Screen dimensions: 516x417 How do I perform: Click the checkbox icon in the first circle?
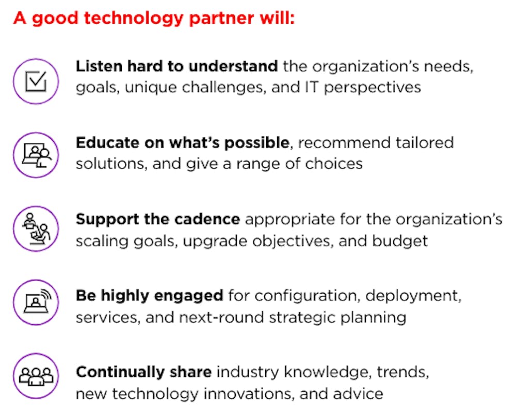point(36,82)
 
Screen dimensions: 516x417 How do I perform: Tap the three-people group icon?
point(36,376)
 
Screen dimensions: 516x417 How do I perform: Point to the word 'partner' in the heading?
point(221,19)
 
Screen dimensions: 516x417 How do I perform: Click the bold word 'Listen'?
point(99,66)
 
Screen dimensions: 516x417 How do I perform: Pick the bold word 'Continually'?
point(120,373)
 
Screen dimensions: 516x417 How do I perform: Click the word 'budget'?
point(400,241)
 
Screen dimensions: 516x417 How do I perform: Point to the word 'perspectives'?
point(373,88)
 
